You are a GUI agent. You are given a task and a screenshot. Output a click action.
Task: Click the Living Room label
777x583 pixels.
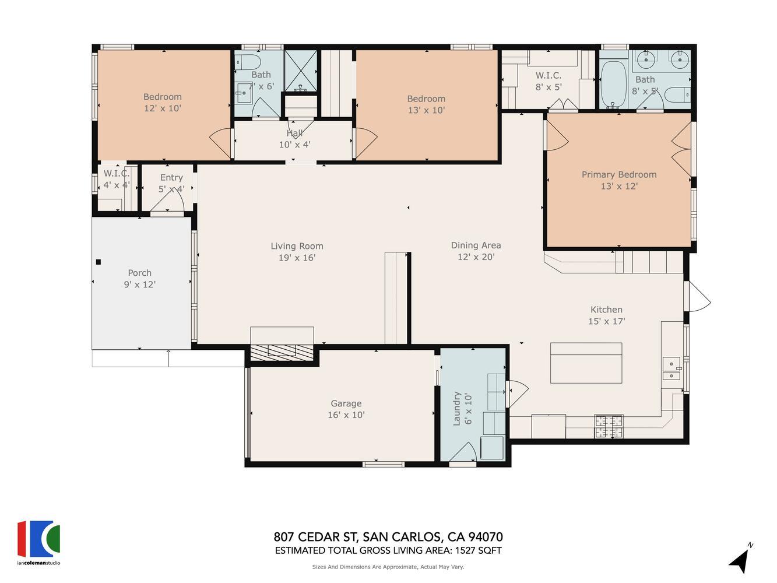(x=297, y=246)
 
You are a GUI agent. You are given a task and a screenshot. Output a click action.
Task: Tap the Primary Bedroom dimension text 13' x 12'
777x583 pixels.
(x=619, y=186)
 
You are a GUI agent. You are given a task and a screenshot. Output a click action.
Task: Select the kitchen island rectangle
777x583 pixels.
(x=586, y=363)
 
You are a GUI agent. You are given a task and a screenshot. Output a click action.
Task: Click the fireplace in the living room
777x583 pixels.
(x=282, y=350)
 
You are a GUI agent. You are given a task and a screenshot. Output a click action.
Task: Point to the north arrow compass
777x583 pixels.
(x=740, y=559)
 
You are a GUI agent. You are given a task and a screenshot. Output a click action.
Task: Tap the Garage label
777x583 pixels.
(x=346, y=403)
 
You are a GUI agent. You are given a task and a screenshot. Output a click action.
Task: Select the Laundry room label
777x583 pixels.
(x=457, y=408)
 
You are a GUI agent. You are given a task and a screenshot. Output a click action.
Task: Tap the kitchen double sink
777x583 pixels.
(x=671, y=368)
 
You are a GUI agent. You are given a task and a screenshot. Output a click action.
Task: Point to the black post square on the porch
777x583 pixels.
(x=99, y=262)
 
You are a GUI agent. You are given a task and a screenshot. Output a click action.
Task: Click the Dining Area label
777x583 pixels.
(x=476, y=245)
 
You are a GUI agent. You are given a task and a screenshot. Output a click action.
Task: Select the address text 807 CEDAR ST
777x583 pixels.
(x=317, y=537)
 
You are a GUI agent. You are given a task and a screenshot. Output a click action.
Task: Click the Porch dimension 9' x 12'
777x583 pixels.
(x=140, y=285)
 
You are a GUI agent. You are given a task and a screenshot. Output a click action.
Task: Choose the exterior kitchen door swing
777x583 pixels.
(x=699, y=296)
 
